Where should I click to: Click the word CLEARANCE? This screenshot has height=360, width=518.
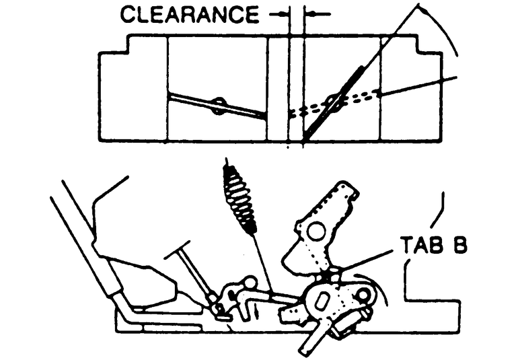[189, 15]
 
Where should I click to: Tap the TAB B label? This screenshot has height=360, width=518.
[433, 244]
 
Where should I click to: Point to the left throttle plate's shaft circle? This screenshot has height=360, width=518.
[218, 105]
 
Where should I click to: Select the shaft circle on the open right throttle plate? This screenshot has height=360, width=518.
[332, 102]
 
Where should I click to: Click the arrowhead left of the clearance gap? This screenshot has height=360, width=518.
[282, 13]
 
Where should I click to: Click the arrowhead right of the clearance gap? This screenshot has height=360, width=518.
[310, 13]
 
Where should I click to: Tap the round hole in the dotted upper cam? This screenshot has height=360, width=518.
[313, 232]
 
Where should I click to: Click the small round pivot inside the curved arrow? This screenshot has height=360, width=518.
[365, 294]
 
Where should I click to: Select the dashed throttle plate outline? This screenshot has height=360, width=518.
[336, 103]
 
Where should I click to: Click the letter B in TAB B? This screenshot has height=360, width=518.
[457, 244]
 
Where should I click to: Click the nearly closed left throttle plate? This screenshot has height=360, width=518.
[217, 105]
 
